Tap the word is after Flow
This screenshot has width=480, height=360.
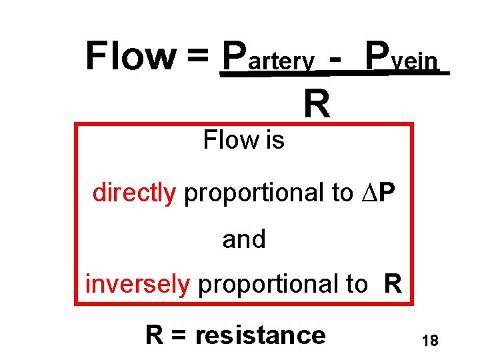[x=274, y=140]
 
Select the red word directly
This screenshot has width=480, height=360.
[x=134, y=193]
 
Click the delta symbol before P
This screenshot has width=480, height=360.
[x=372, y=193]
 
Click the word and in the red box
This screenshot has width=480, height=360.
[x=244, y=239]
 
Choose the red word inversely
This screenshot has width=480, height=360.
[x=137, y=284]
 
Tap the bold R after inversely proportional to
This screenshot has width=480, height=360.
[x=393, y=284]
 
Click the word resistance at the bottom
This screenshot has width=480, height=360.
[x=260, y=334]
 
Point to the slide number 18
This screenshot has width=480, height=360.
[x=430, y=341]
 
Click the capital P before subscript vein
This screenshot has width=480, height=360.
[x=379, y=56]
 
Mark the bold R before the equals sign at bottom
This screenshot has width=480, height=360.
[x=155, y=334]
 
